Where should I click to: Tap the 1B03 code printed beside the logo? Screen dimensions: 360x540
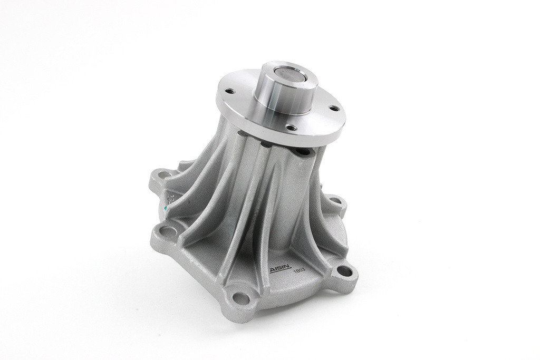point(300,270)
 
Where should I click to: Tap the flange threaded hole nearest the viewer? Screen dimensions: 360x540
point(291,127)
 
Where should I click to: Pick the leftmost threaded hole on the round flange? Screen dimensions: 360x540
point(230,91)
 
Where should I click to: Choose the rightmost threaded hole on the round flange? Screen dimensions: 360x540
point(334,108)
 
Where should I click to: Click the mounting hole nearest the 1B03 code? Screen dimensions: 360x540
point(344,271)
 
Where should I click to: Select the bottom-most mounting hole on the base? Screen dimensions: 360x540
point(241,298)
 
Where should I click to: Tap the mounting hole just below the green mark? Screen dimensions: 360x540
point(167,231)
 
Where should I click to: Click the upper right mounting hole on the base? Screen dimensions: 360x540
point(334,200)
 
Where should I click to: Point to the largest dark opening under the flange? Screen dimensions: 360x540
point(303,151)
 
